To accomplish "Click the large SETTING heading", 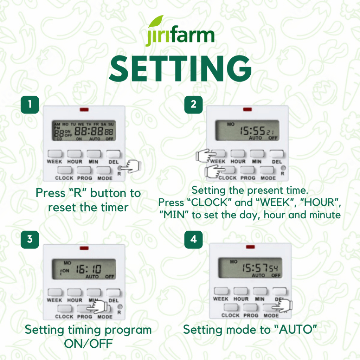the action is (180, 69).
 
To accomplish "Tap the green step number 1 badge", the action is (30, 105).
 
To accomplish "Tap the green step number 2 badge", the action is (194, 105).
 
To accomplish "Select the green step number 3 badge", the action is (30, 239).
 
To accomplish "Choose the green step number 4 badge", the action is (194, 239).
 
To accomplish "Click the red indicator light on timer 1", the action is (84, 110).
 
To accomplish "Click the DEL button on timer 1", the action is (113, 154).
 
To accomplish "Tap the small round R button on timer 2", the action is (283, 168).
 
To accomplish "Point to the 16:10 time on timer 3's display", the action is (89, 269).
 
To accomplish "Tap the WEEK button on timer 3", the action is (55, 292).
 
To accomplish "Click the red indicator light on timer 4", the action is (250, 247).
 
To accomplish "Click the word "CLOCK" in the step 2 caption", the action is (209, 202).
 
